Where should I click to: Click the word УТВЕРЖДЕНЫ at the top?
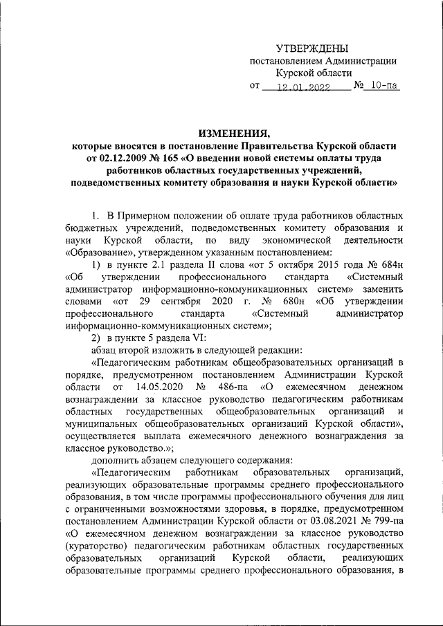pos(311,48)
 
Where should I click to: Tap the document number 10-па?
pos(384,86)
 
